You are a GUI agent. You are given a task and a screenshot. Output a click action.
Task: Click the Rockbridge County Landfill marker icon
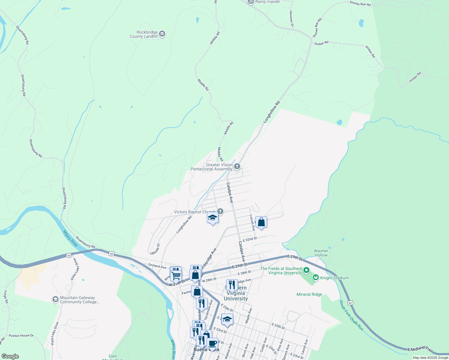click(x=162, y=34)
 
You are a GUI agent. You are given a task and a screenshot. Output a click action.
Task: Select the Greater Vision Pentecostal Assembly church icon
click(x=237, y=166)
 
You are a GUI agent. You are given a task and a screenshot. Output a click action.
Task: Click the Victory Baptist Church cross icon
click(x=220, y=211)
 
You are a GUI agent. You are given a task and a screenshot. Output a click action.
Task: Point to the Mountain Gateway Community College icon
click(x=55, y=299)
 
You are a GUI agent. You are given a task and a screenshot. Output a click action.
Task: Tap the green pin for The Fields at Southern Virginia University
click(x=306, y=271)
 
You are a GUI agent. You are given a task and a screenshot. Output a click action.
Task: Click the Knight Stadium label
click(x=334, y=278)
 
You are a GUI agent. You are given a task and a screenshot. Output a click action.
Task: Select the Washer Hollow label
click(x=321, y=253)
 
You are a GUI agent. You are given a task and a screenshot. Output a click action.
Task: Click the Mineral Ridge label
click(x=309, y=294)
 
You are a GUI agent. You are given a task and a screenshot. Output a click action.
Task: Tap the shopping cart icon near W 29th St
click(x=176, y=275)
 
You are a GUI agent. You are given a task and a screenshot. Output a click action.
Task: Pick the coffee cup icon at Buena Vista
click(x=212, y=343)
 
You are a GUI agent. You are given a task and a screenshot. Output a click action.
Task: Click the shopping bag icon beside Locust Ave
click(x=261, y=222)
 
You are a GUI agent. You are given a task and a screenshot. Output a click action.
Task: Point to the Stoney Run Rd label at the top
click(x=360, y=4)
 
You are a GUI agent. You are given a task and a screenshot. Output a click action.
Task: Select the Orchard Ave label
click(x=157, y=266)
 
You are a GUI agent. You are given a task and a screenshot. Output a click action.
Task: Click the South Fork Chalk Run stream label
click(x=351, y=315)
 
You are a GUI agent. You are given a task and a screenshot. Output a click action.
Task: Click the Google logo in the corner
click(x=10, y=356)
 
